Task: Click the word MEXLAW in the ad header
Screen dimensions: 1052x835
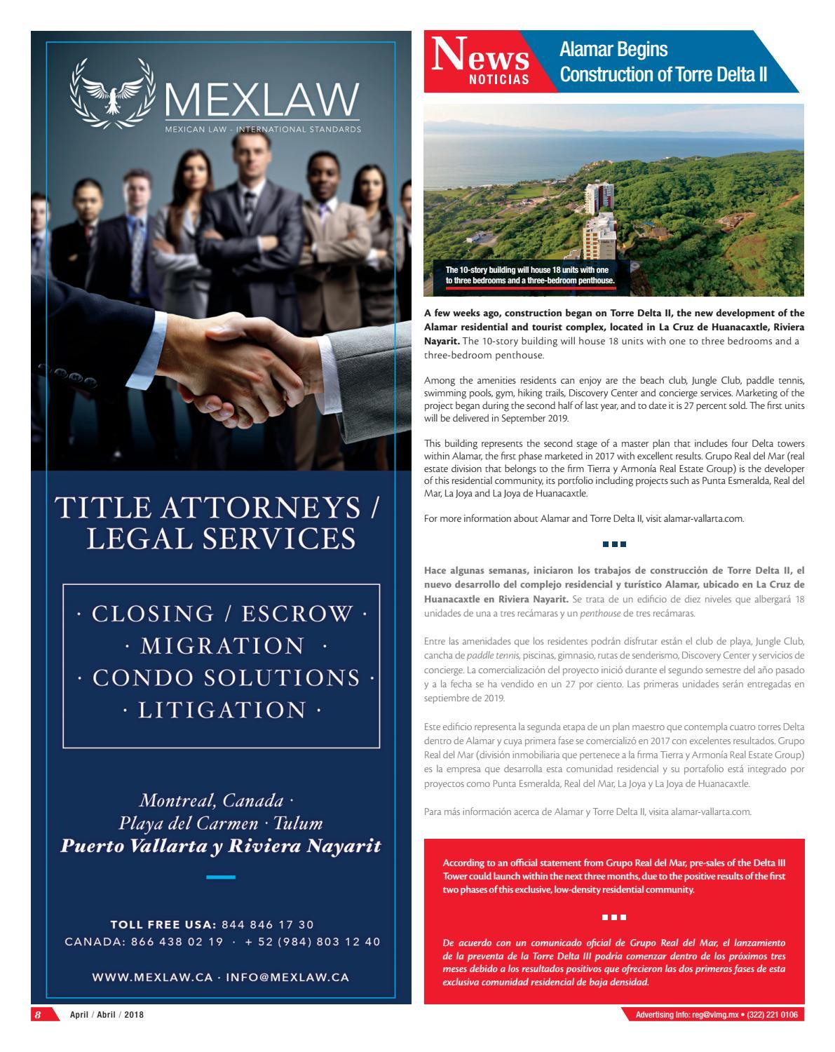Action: [262, 100]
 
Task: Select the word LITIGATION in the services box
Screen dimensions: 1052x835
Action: [222, 710]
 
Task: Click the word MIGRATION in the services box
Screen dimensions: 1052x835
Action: [222, 645]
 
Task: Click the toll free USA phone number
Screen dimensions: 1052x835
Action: [267, 924]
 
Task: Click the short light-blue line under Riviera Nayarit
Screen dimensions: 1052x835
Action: [221, 877]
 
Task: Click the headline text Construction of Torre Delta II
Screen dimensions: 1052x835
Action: [663, 74]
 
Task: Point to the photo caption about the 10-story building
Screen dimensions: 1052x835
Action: [530, 275]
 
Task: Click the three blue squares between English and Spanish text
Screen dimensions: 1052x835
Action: [613, 544]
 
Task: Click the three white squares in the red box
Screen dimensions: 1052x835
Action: [613, 917]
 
